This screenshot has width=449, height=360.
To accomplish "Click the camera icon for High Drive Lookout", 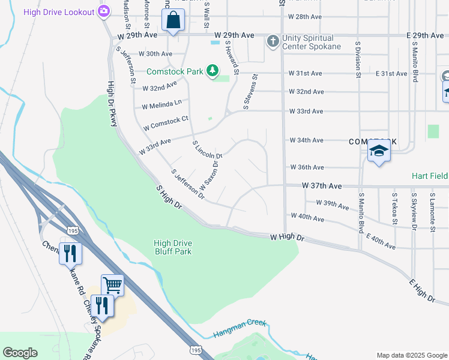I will point(104,11).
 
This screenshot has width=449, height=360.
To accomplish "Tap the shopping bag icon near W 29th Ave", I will point(173,20).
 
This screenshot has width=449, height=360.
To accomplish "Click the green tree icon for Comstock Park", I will point(212,71).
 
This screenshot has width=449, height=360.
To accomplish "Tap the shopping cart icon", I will point(112,285).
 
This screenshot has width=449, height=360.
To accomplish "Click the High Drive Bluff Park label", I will point(172,247).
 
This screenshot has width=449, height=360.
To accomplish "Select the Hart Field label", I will point(430,176).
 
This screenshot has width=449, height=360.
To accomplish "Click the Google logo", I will point(20,352).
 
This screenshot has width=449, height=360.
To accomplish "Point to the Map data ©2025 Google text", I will point(411,355).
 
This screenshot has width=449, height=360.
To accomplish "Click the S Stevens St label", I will point(250,92).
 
